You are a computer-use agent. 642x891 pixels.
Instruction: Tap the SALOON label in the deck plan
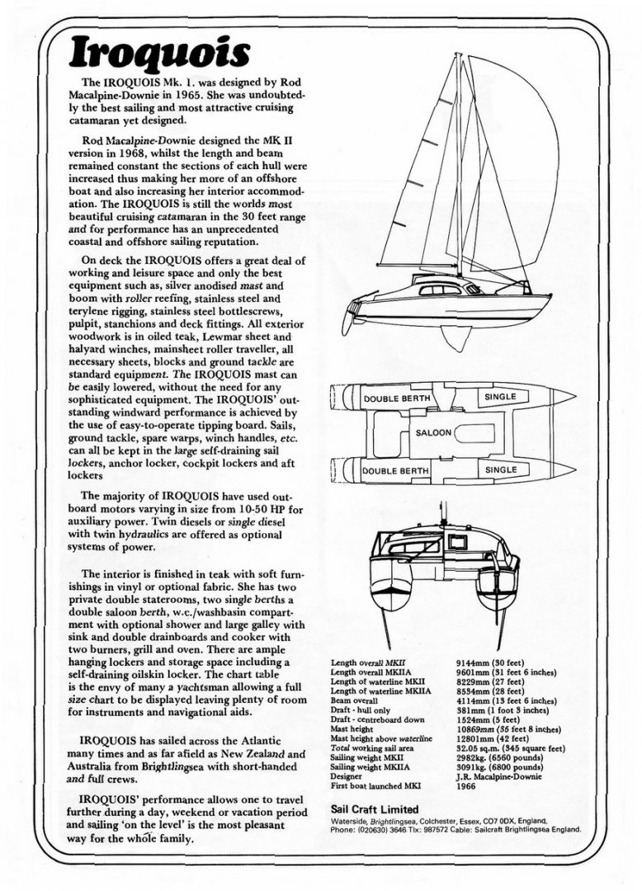tap(433, 432)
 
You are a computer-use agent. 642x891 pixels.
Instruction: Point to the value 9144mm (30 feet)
tap(493, 662)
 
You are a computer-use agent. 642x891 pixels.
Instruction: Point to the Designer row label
tap(347, 777)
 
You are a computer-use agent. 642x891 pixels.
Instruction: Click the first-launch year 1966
tap(465, 786)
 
